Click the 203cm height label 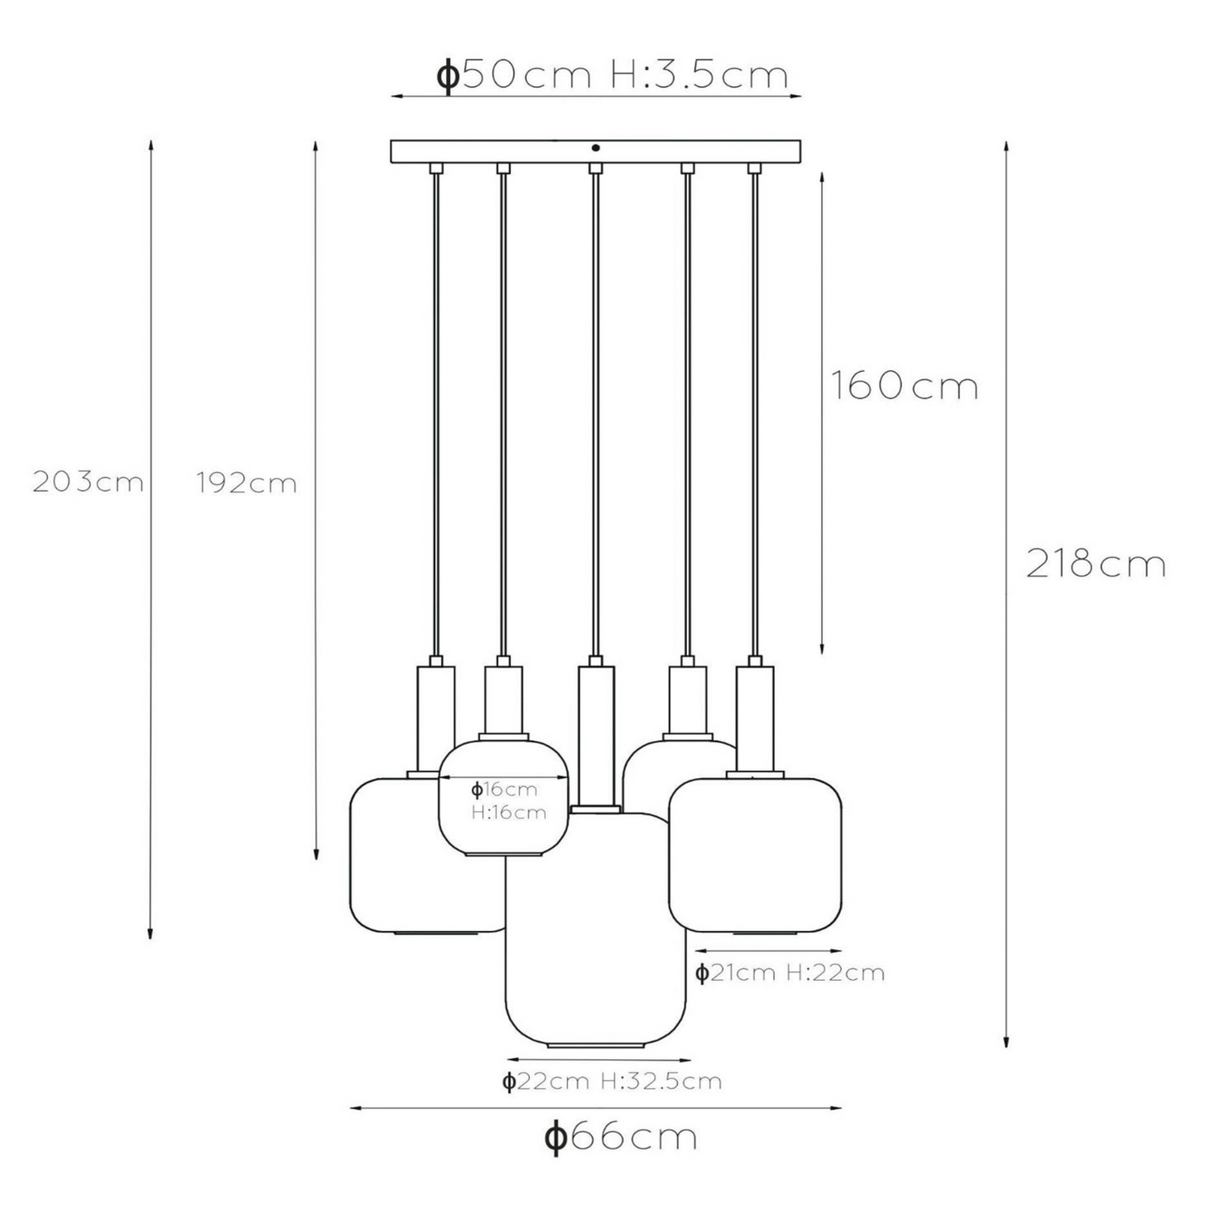(88, 482)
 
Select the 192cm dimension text (246, 482)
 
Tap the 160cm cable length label (904, 386)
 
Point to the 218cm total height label (1096, 564)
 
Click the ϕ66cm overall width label (621, 1137)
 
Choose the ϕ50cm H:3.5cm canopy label (611, 75)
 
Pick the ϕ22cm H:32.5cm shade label (611, 1081)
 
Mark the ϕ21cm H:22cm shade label (790, 973)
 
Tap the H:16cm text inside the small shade (509, 813)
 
